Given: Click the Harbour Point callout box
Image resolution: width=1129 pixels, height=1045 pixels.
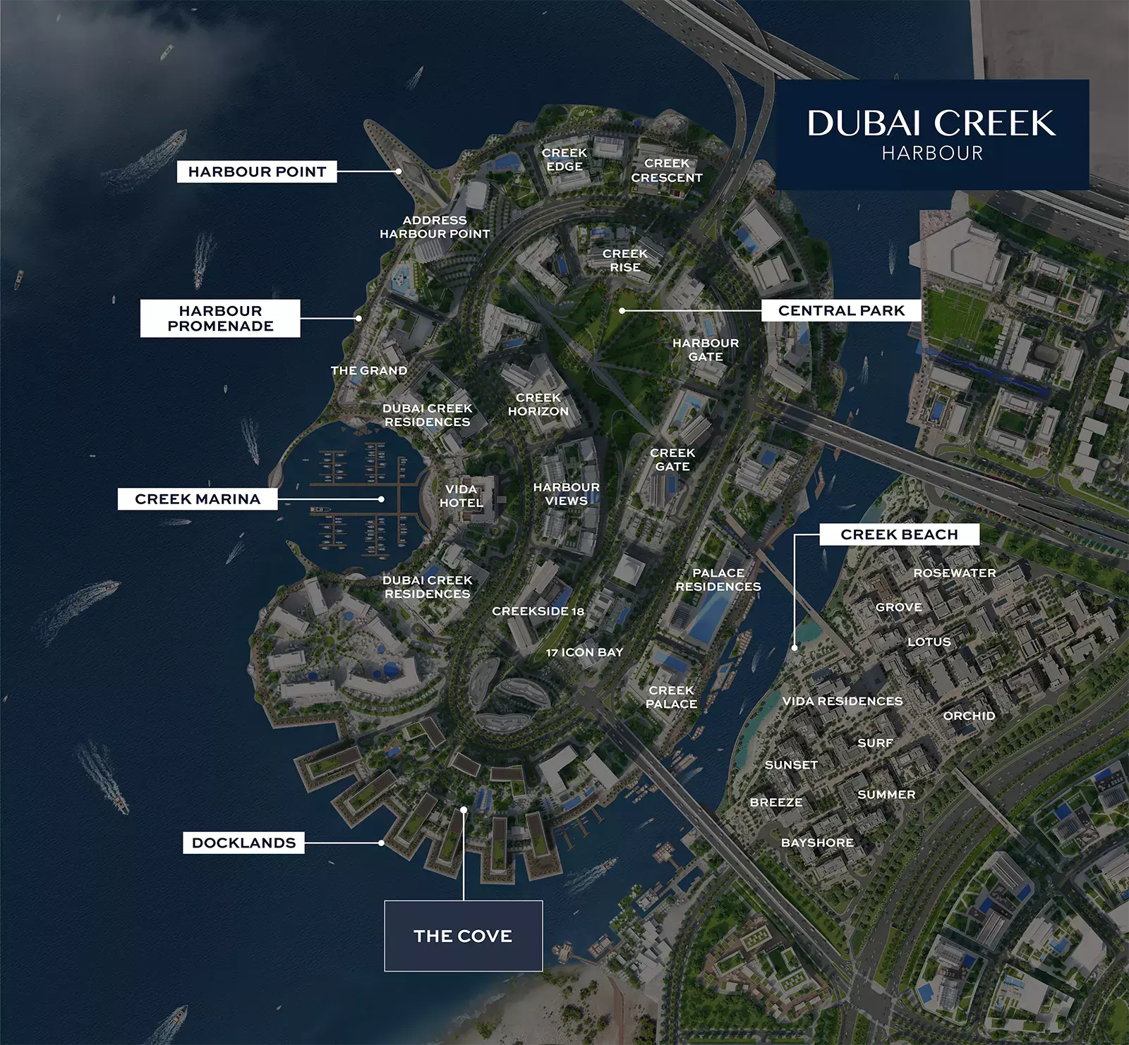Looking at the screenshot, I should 257,171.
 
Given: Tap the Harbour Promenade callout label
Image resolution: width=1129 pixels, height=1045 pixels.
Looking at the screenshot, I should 220,318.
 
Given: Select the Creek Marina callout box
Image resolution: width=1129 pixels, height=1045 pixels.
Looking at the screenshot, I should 198,499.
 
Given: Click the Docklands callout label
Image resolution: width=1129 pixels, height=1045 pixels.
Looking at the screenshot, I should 243,843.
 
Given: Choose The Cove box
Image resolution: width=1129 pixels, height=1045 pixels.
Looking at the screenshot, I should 463,936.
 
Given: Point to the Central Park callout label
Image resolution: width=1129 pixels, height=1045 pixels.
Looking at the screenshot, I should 841,310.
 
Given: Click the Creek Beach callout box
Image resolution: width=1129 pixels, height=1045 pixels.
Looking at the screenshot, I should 899,534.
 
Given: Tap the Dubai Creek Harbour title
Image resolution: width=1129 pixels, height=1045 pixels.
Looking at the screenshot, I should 931,134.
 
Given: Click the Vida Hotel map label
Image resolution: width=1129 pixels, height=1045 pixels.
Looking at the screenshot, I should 461,496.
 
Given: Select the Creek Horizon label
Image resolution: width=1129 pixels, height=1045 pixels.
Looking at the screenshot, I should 538,404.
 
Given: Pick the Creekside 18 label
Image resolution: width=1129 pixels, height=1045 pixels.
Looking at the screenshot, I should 538,611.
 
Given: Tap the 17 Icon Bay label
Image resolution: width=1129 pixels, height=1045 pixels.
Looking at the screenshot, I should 584,652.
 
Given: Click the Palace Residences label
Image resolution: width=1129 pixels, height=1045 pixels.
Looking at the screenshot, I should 718,580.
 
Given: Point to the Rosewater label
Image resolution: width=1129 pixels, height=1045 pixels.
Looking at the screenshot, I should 954,573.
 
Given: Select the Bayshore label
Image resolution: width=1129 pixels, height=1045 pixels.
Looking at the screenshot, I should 817,843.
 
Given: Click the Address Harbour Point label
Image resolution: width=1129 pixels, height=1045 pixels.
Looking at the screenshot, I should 435,227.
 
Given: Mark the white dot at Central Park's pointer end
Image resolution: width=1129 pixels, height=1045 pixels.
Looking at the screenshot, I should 622,310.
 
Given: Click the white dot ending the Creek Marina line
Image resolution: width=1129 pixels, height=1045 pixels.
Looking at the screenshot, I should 381,499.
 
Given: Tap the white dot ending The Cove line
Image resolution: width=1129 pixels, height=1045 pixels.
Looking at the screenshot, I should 464,810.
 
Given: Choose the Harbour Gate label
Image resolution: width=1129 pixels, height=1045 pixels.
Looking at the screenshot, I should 706,350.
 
